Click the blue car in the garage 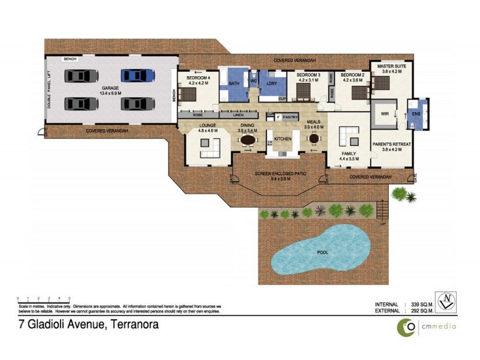click(x=137, y=76)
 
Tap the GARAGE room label click(x=110, y=91)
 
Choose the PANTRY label click(x=291, y=118)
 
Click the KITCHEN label click(x=283, y=139)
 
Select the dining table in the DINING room click(x=247, y=140)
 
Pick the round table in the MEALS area click(x=313, y=139)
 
